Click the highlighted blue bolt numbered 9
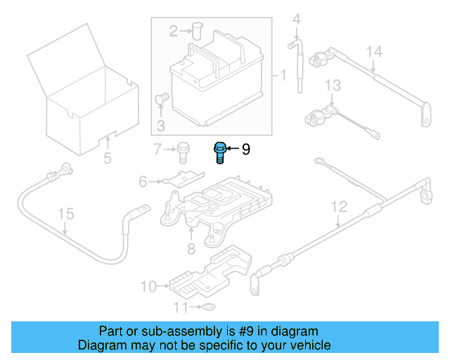click(219, 151)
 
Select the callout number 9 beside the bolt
click(245, 149)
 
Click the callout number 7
click(158, 149)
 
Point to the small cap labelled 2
click(196, 30)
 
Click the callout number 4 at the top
click(296, 19)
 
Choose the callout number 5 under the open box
click(107, 158)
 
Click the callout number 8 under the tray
click(191, 248)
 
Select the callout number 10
click(146, 286)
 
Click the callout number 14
click(373, 51)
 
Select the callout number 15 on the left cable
click(65, 214)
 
